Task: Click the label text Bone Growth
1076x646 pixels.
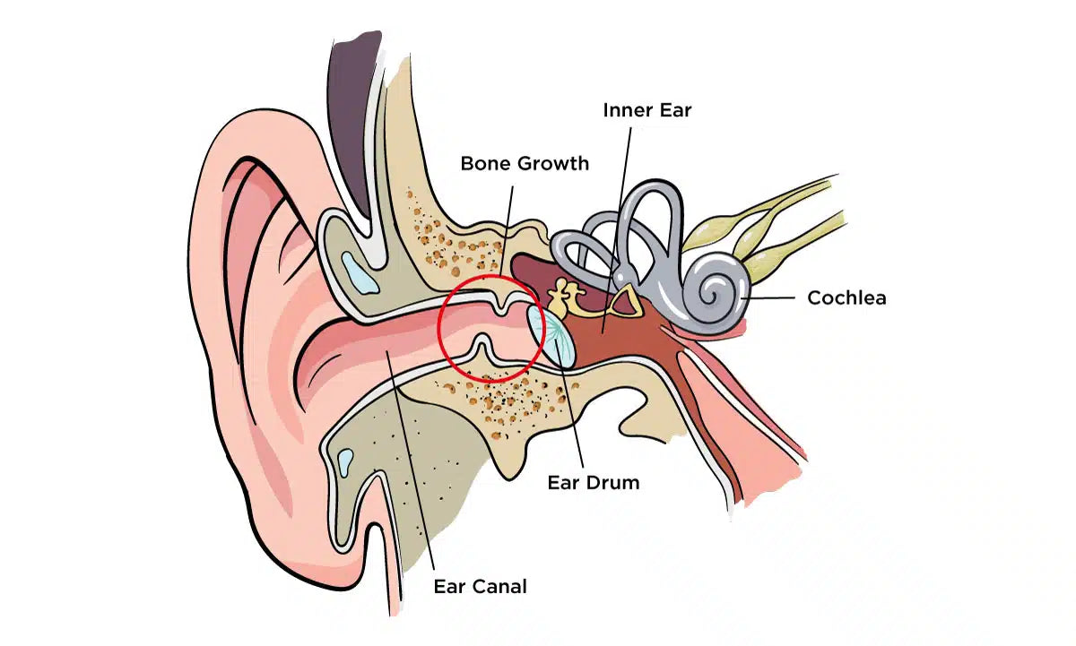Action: click(x=525, y=163)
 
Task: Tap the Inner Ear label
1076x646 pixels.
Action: click(x=646, y=110)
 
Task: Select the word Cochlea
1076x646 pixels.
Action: click(x=846, y=297)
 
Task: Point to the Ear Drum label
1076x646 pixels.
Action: click(x=594, y=482)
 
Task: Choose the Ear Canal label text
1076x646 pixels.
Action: click(x=480, y=587)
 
